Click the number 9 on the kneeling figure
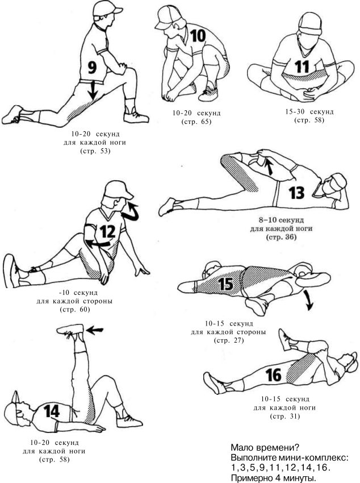coord(92,68)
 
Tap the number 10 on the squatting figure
coord(198,36)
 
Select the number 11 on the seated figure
coord(302,66)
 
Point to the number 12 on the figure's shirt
coord(107,232)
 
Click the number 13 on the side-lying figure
coord(296,193)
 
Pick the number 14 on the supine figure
coord(51,411)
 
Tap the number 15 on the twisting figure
coord(225,284)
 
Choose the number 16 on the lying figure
coord(274,375)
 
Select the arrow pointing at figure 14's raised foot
coord(94,330)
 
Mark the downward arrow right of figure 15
coord(308,301)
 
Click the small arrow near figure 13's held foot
coord(270,168)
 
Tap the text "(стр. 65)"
coord(196,122)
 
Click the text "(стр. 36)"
coord(281,237)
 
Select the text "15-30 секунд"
coord(309,111)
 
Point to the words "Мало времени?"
coord(265,447)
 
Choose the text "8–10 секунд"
coord(281,220)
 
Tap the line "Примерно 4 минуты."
coord(274,478)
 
